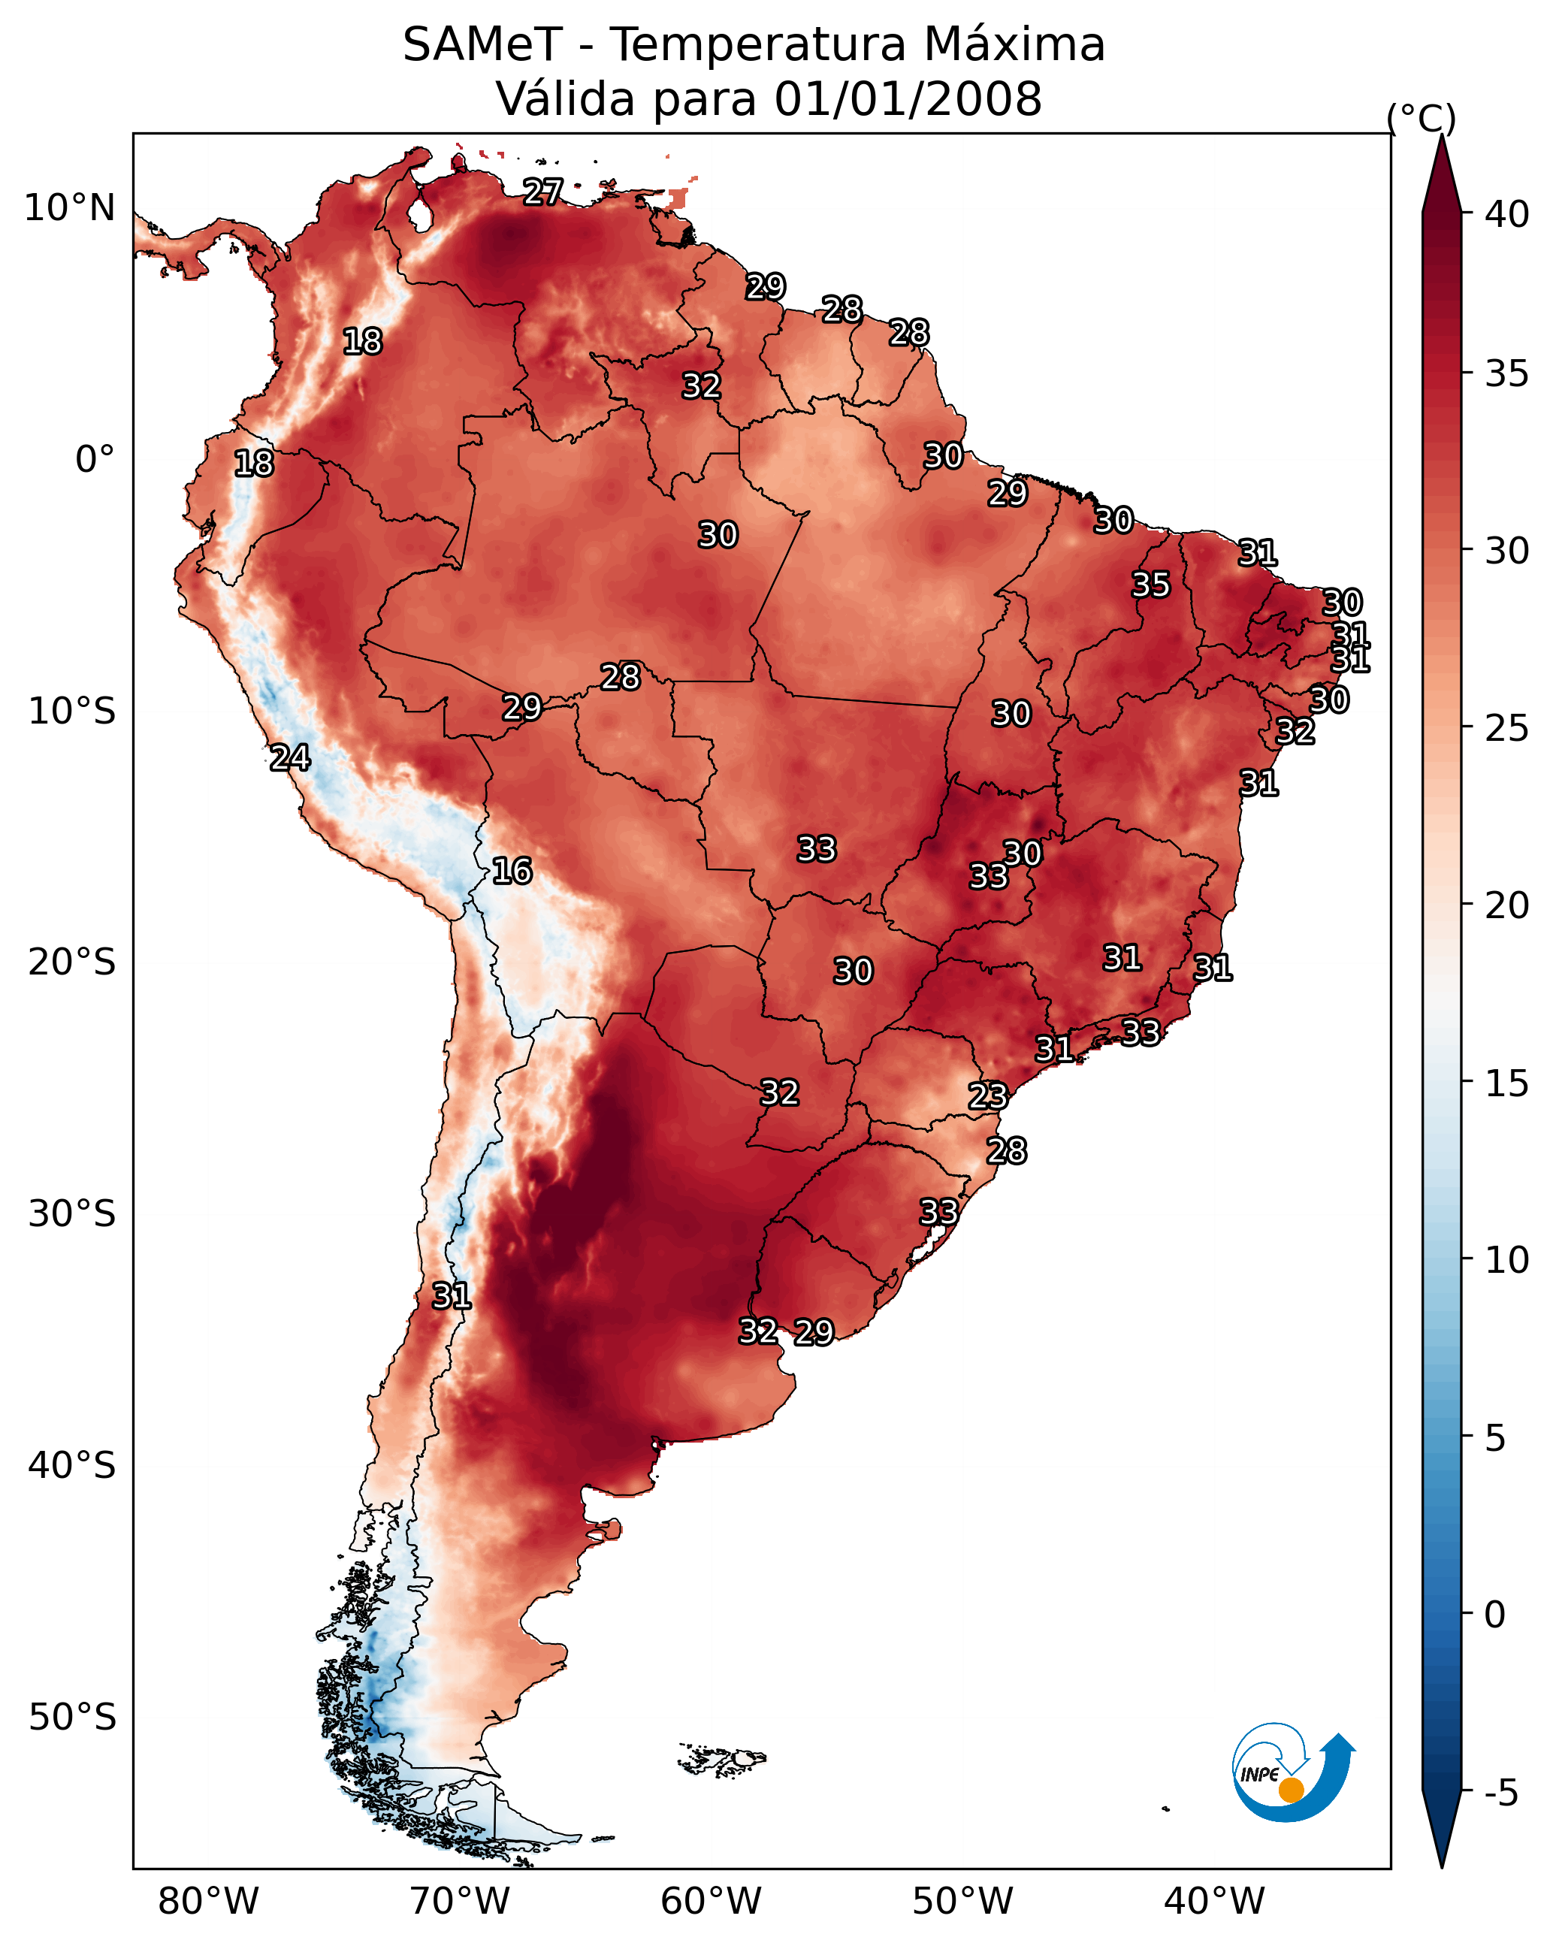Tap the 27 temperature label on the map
tap(542, 191)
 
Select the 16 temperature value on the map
tap(512, 871)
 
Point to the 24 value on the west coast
tap(290, 757)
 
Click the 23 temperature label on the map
tap(988, 1096)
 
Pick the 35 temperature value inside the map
tap(1151, 584)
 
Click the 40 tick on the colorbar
tap(1507, 214)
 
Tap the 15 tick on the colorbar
tap(1507, 1083)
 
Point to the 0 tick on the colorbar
tap(1495, 1615)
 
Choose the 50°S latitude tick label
tap(72, 1718)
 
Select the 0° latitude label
tap(95, 460)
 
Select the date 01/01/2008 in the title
tap(908, 99)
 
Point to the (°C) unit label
tap(1422, 118)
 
